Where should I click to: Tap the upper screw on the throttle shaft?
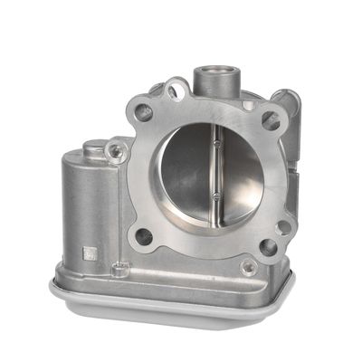pyautogui.click(x=217, y=142)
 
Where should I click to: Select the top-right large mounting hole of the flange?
pyautogui.click(x=270, y=119)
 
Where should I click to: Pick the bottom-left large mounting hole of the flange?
pyautogui.click(x=143, y=236)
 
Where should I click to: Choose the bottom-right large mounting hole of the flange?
pyautogui.click(x=268, y=246)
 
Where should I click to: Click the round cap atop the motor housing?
pyautogui.click(x=93, y=147)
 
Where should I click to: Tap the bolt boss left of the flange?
pyautogui.click(x=115, y=152)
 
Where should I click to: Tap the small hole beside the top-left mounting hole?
pyautogui.click(x=174, y=90)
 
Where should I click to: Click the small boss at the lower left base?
pyautogui.click(x=117, y=268)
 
